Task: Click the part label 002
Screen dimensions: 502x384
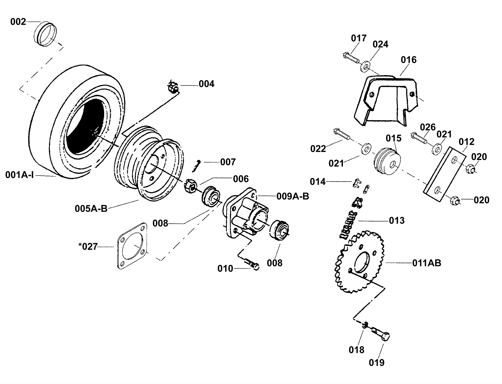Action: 18,22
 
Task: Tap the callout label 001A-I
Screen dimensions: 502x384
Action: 19,175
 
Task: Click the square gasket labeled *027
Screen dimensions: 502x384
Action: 132,246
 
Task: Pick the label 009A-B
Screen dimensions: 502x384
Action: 293,196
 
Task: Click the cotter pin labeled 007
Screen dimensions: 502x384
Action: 196,166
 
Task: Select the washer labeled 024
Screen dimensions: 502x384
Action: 366,66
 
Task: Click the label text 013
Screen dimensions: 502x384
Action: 397,221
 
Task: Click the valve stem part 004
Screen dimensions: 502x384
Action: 174,87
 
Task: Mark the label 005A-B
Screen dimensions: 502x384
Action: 91,209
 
